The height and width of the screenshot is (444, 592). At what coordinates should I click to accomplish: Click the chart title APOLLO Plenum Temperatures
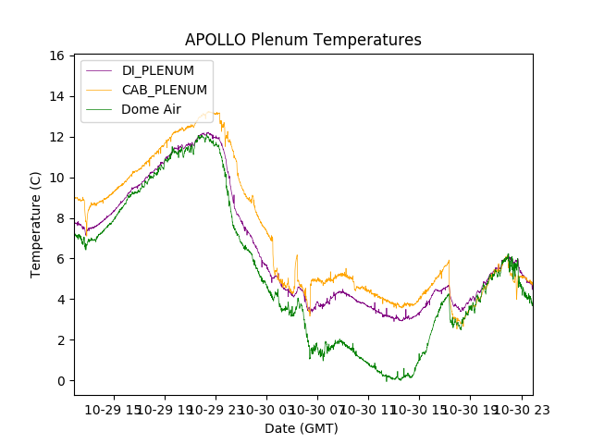click(x=302, y=40)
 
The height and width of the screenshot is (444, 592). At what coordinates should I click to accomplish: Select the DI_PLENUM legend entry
click(x=158, y=71)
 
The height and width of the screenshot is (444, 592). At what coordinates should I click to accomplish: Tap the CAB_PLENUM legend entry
click(x=165, y=90)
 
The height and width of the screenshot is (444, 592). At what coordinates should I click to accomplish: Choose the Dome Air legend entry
click(x=152, y=109)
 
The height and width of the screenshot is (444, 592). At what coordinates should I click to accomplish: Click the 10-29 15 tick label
click(x=115, y=409)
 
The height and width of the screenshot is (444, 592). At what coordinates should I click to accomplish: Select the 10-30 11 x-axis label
click(x=368, y=409)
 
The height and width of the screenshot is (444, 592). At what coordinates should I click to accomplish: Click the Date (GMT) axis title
click(x=302, y=428)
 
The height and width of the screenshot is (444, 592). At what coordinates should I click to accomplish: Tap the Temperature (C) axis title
click(x=36, y=224)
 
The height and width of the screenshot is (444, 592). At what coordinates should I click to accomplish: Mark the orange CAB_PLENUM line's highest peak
click(x=216, y=113)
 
